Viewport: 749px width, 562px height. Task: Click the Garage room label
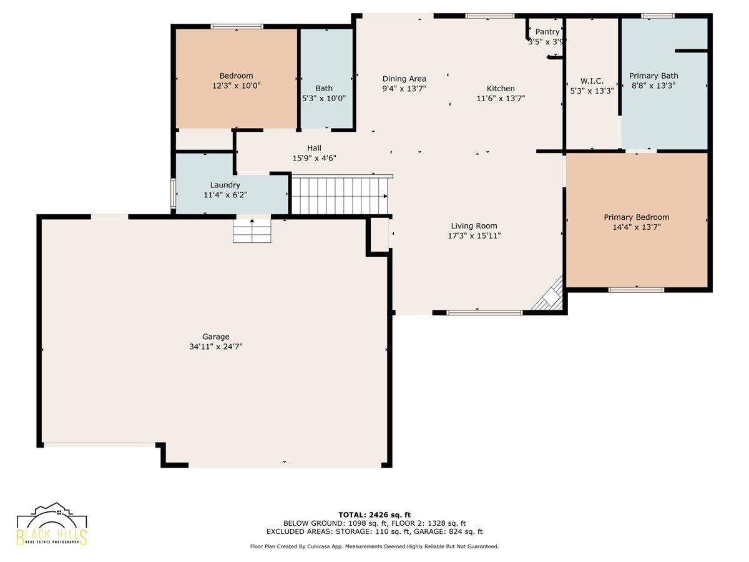coord(216,337)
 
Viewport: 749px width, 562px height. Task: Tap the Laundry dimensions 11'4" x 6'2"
coord(225,195)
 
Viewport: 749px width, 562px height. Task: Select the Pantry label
coord(547,32)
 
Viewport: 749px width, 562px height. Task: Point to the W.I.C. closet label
coord(592,81)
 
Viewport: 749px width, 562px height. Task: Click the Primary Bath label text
coord(654,76)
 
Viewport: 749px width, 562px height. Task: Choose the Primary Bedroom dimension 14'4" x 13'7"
coord(637,227)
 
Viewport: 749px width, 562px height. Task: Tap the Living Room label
coord(474,225)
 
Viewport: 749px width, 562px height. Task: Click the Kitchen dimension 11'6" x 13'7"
coord(501,98)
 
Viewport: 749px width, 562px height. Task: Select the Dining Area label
coord(404,79)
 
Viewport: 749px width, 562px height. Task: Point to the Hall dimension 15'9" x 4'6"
coord(315,158)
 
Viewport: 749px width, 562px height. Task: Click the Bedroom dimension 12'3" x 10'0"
coord(236,86)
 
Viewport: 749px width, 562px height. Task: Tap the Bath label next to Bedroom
coord(324,89)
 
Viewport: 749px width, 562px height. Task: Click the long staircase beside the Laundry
coord(340,195)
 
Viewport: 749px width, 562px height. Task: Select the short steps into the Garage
coord(252,230)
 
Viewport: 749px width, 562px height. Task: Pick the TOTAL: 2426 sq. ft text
coord(374,515)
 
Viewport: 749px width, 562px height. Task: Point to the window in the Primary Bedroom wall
coord(636,290)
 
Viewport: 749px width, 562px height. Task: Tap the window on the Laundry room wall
coord(173,194)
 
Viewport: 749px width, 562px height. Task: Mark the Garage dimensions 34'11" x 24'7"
coord(216,347)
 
